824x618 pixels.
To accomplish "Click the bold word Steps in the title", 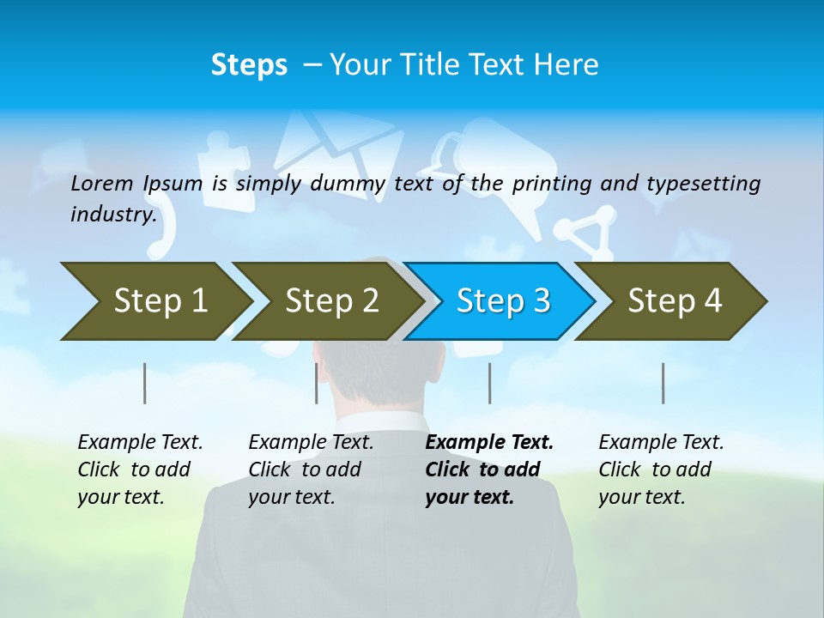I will [249, 64].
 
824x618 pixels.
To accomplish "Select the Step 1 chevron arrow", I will [154, 300].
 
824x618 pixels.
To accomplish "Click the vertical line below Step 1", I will [145, 383].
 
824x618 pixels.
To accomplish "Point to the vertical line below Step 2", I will [317, 383].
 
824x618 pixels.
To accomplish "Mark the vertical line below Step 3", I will [490, 383].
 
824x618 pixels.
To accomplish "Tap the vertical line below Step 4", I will [663, 383].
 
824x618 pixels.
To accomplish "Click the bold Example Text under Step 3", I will [489, 443].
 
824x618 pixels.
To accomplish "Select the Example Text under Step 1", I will [140, 443].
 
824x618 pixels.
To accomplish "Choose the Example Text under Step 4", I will [661, 443].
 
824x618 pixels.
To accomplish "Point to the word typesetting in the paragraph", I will [703, 183].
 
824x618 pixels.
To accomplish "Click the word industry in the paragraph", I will [112, 214].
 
